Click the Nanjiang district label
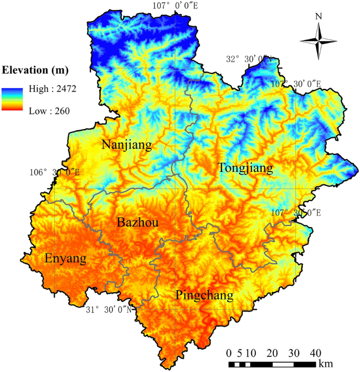pyautogui.click(x=127, y=145)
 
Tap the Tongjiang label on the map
pyautogui.click(x=245, y=168)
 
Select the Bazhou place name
pyautogui.click(x=138, y=223)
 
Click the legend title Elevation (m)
pyautogui.click(x=36, y=70)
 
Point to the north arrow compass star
pyautogui.click(x=318, y=41)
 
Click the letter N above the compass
pyautogui.click(x=318, y=16)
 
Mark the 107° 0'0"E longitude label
pyautogui.click(x=175, y=6)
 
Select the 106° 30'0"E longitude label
pyautogui.click(x=54, y=172)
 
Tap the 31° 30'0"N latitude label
pyautogui.click(x=109, y=309)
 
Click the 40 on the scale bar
pyautogui.click(x=315, y=352)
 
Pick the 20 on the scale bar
pyautogui.click(x=272, y=352)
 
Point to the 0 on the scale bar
pyautogui.click(x=229, y=352)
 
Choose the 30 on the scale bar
pyautogui.click(x=294, y=352)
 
